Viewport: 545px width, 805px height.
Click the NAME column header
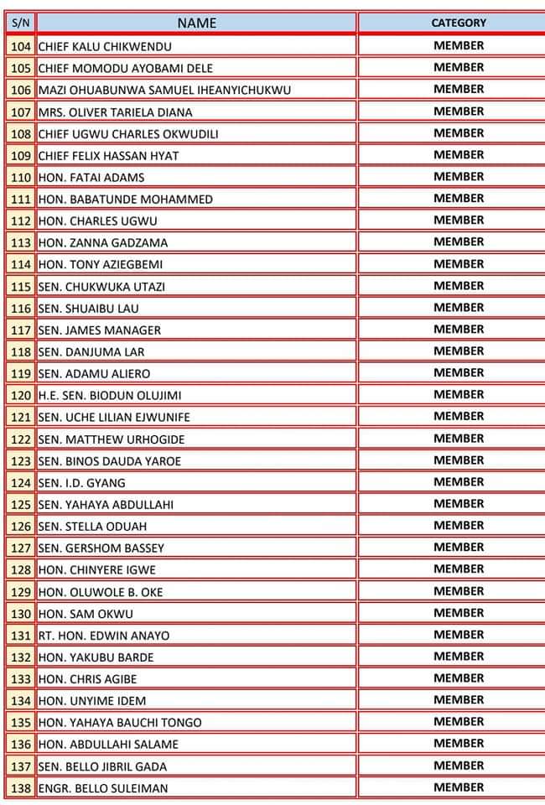coord(197,23)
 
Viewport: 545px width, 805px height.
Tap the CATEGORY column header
coord(458,23)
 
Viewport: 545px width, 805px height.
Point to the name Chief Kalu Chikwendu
coord(105,46)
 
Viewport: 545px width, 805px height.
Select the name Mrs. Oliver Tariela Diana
coord(115,112)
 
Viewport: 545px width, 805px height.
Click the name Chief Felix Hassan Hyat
coord(108,155)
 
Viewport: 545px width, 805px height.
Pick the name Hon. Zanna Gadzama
coord(103,242)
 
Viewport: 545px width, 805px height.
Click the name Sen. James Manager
coord(100,330)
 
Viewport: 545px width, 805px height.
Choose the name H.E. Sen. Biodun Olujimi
coord(110,395)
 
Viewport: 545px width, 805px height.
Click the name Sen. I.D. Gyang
coord(82,482)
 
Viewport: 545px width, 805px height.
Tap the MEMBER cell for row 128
coord(459,569)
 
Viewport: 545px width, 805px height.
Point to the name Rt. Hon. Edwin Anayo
coord(104,635)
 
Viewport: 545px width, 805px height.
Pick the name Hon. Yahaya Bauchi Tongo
coord(120,722)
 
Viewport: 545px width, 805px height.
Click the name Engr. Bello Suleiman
coord(103,787)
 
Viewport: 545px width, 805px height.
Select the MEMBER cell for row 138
coord(459,787)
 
